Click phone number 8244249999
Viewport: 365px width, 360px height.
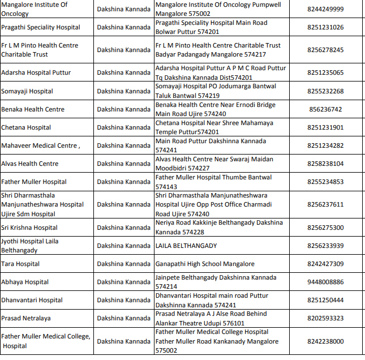point(325,9)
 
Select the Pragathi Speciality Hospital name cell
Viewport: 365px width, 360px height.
point(41,27)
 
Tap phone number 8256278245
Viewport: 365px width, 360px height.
point(325,50)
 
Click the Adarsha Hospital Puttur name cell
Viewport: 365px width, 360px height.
point(36,73)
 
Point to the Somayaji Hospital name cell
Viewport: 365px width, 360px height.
point(27,91)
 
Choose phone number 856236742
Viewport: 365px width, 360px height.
point(325,109)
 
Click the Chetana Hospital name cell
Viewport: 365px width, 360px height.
point(26,127)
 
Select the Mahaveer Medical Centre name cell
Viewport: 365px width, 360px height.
point(40,145)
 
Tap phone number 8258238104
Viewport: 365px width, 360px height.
point(325,164)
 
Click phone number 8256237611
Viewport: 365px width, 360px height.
point(325,204)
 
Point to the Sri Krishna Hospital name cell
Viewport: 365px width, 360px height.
point(29,228)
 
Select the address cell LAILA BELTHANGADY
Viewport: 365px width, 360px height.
point(186,246)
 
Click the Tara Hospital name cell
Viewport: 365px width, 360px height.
point(20,264)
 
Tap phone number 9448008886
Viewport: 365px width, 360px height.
point(325,282)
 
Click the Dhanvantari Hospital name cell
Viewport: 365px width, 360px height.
point(32,300)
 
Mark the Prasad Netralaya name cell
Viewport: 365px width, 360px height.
point(26,318)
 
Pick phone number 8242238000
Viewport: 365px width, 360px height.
point(325,341)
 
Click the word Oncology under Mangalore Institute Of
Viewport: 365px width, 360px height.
point(16,14)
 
